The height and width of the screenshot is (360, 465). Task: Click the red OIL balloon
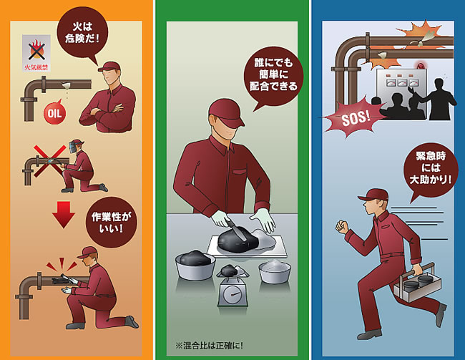coord(55,113)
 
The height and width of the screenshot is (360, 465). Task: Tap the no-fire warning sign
coord(36,53)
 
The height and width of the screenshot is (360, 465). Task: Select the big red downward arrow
coord(64,215)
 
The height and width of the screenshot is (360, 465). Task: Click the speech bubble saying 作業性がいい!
coord(111,222)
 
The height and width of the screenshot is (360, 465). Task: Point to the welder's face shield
coord(73,146)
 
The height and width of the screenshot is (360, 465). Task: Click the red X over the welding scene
coord(49,161)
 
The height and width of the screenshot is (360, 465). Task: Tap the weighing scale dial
coord(232,295)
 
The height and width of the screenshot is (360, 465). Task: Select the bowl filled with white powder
coord(275,271)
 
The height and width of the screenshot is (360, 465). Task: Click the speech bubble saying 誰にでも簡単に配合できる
coord(273,76)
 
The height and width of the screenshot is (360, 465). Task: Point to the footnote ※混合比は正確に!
coord(209,346)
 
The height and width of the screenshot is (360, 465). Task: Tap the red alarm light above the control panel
coord(420,64)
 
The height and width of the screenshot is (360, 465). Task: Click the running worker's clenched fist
coord(342,226)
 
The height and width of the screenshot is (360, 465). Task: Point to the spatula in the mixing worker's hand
coord(236,228)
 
